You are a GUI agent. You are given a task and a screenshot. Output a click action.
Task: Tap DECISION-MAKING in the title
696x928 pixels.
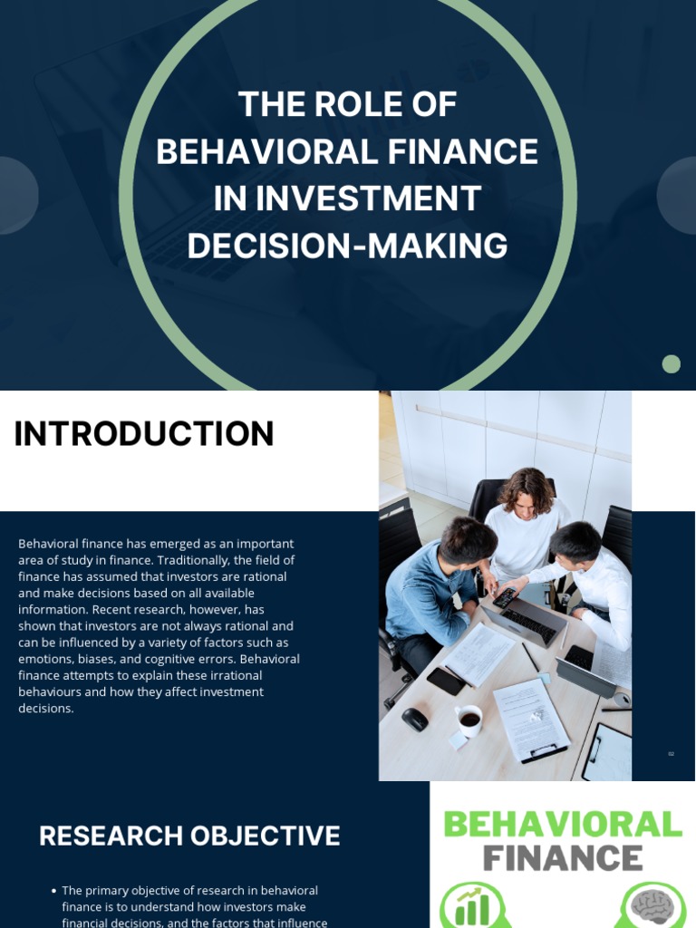(347, 246)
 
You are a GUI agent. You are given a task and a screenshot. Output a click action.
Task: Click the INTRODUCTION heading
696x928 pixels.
(144, 434)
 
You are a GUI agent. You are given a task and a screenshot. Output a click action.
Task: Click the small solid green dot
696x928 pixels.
(671, 364)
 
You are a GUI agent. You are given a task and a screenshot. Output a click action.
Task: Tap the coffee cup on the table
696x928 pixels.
(469, 720)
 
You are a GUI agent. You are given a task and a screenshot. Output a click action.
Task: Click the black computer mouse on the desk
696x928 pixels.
(415, 719)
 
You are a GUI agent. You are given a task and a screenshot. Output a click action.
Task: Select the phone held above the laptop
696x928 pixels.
(505, 598)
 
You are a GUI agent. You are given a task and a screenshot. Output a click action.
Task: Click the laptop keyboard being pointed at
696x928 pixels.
(529, 624)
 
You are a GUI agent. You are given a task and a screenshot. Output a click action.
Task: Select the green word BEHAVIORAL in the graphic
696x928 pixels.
(562, 825)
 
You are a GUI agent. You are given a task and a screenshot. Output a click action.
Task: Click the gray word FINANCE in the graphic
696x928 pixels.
(562, 857)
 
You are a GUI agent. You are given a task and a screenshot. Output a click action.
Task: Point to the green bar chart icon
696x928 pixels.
(470, 908)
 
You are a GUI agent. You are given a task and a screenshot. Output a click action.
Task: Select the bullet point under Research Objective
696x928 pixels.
(54, 891)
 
